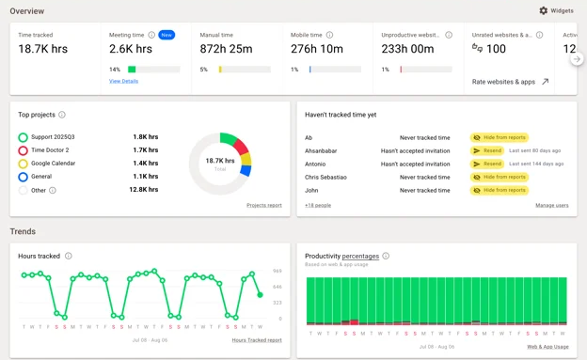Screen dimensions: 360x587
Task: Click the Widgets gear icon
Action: (543, 10)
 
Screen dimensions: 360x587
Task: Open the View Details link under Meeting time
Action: (123, 81)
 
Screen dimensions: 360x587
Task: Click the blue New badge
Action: (167, 35)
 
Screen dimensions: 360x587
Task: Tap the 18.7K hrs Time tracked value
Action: (43, 49)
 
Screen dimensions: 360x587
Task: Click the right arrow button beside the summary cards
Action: (577, 59)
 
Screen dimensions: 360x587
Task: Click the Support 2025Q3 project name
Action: (53, 136)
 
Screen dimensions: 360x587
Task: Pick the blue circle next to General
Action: (23, 176)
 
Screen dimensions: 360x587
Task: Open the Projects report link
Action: (263, 205)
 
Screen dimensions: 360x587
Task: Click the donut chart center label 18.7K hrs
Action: (220, 162)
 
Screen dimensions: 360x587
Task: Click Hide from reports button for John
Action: (499, 190)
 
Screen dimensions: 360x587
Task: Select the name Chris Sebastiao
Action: (326, 177)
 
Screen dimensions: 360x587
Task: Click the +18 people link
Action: (318, 205)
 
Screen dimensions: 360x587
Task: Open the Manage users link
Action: (551, 205)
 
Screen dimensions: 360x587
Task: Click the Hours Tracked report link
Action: (256, 339)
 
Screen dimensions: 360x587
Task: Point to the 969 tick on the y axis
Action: (277, 271)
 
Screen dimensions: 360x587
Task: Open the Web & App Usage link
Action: (547, 347)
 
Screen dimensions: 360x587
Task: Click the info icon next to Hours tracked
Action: (69, 256)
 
